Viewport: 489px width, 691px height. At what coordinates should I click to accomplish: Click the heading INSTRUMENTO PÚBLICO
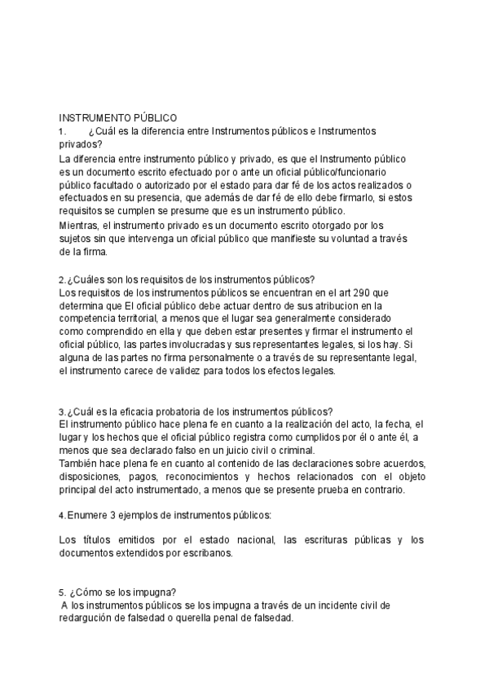[x=118, y=118]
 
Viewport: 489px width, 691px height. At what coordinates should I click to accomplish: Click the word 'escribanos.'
[x=207, y=553]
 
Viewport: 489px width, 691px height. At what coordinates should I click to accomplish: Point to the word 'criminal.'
[x=300, y=451]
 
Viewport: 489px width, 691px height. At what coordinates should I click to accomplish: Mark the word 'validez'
[x=196, y=371]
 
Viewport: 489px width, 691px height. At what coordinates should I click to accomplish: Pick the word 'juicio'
[x=234, y=451]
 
